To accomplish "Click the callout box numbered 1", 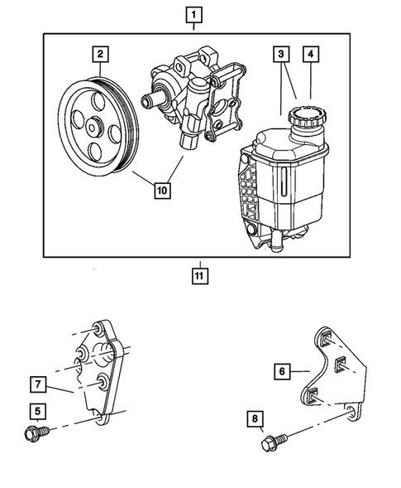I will tap(193, 14).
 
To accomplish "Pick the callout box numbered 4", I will tap(311, 56).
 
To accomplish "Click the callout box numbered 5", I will tap(38, 410).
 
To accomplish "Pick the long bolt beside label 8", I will tap(272, 444).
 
